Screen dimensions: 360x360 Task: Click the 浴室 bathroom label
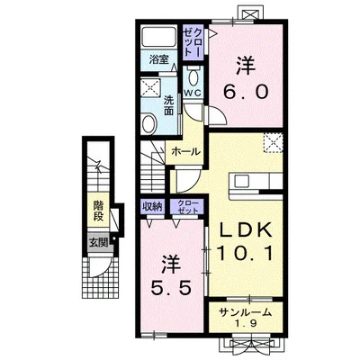(158, 59)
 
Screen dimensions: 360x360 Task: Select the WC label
(192, 94)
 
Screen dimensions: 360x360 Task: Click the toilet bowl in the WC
(193, 77)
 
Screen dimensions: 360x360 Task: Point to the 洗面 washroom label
(168, 106)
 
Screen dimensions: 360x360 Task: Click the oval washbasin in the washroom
(149, 124)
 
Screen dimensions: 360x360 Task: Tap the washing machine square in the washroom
(150, 87)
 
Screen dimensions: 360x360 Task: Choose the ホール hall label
(185, 152)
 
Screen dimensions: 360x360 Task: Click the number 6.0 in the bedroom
(246, 92)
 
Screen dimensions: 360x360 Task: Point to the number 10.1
(246, 253)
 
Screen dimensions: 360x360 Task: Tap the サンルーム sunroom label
(246, 313)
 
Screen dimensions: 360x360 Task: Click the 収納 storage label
(152, 207)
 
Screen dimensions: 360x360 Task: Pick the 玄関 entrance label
(99, 243)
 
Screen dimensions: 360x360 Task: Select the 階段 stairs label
(99, 211)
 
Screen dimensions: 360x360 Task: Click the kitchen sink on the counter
(241, 181)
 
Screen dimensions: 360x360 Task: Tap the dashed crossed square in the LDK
(274, 143)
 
